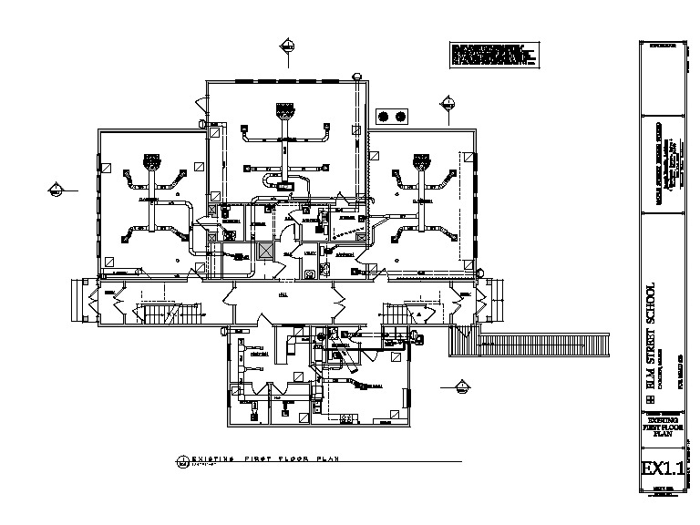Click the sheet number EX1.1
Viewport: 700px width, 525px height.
(x=662, y=470)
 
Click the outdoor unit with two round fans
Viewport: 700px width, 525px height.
(x=392, y=116)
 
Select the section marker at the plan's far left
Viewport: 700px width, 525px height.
(x=55, y=190)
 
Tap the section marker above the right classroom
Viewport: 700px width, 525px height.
(x=448, y=102)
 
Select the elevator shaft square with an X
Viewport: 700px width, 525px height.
(x=266, y=252)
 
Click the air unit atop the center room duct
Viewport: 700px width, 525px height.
(x=287, y=112)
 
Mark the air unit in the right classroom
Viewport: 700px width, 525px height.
(x=420, y=164)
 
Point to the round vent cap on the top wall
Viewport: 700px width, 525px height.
(x=358, y=75)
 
